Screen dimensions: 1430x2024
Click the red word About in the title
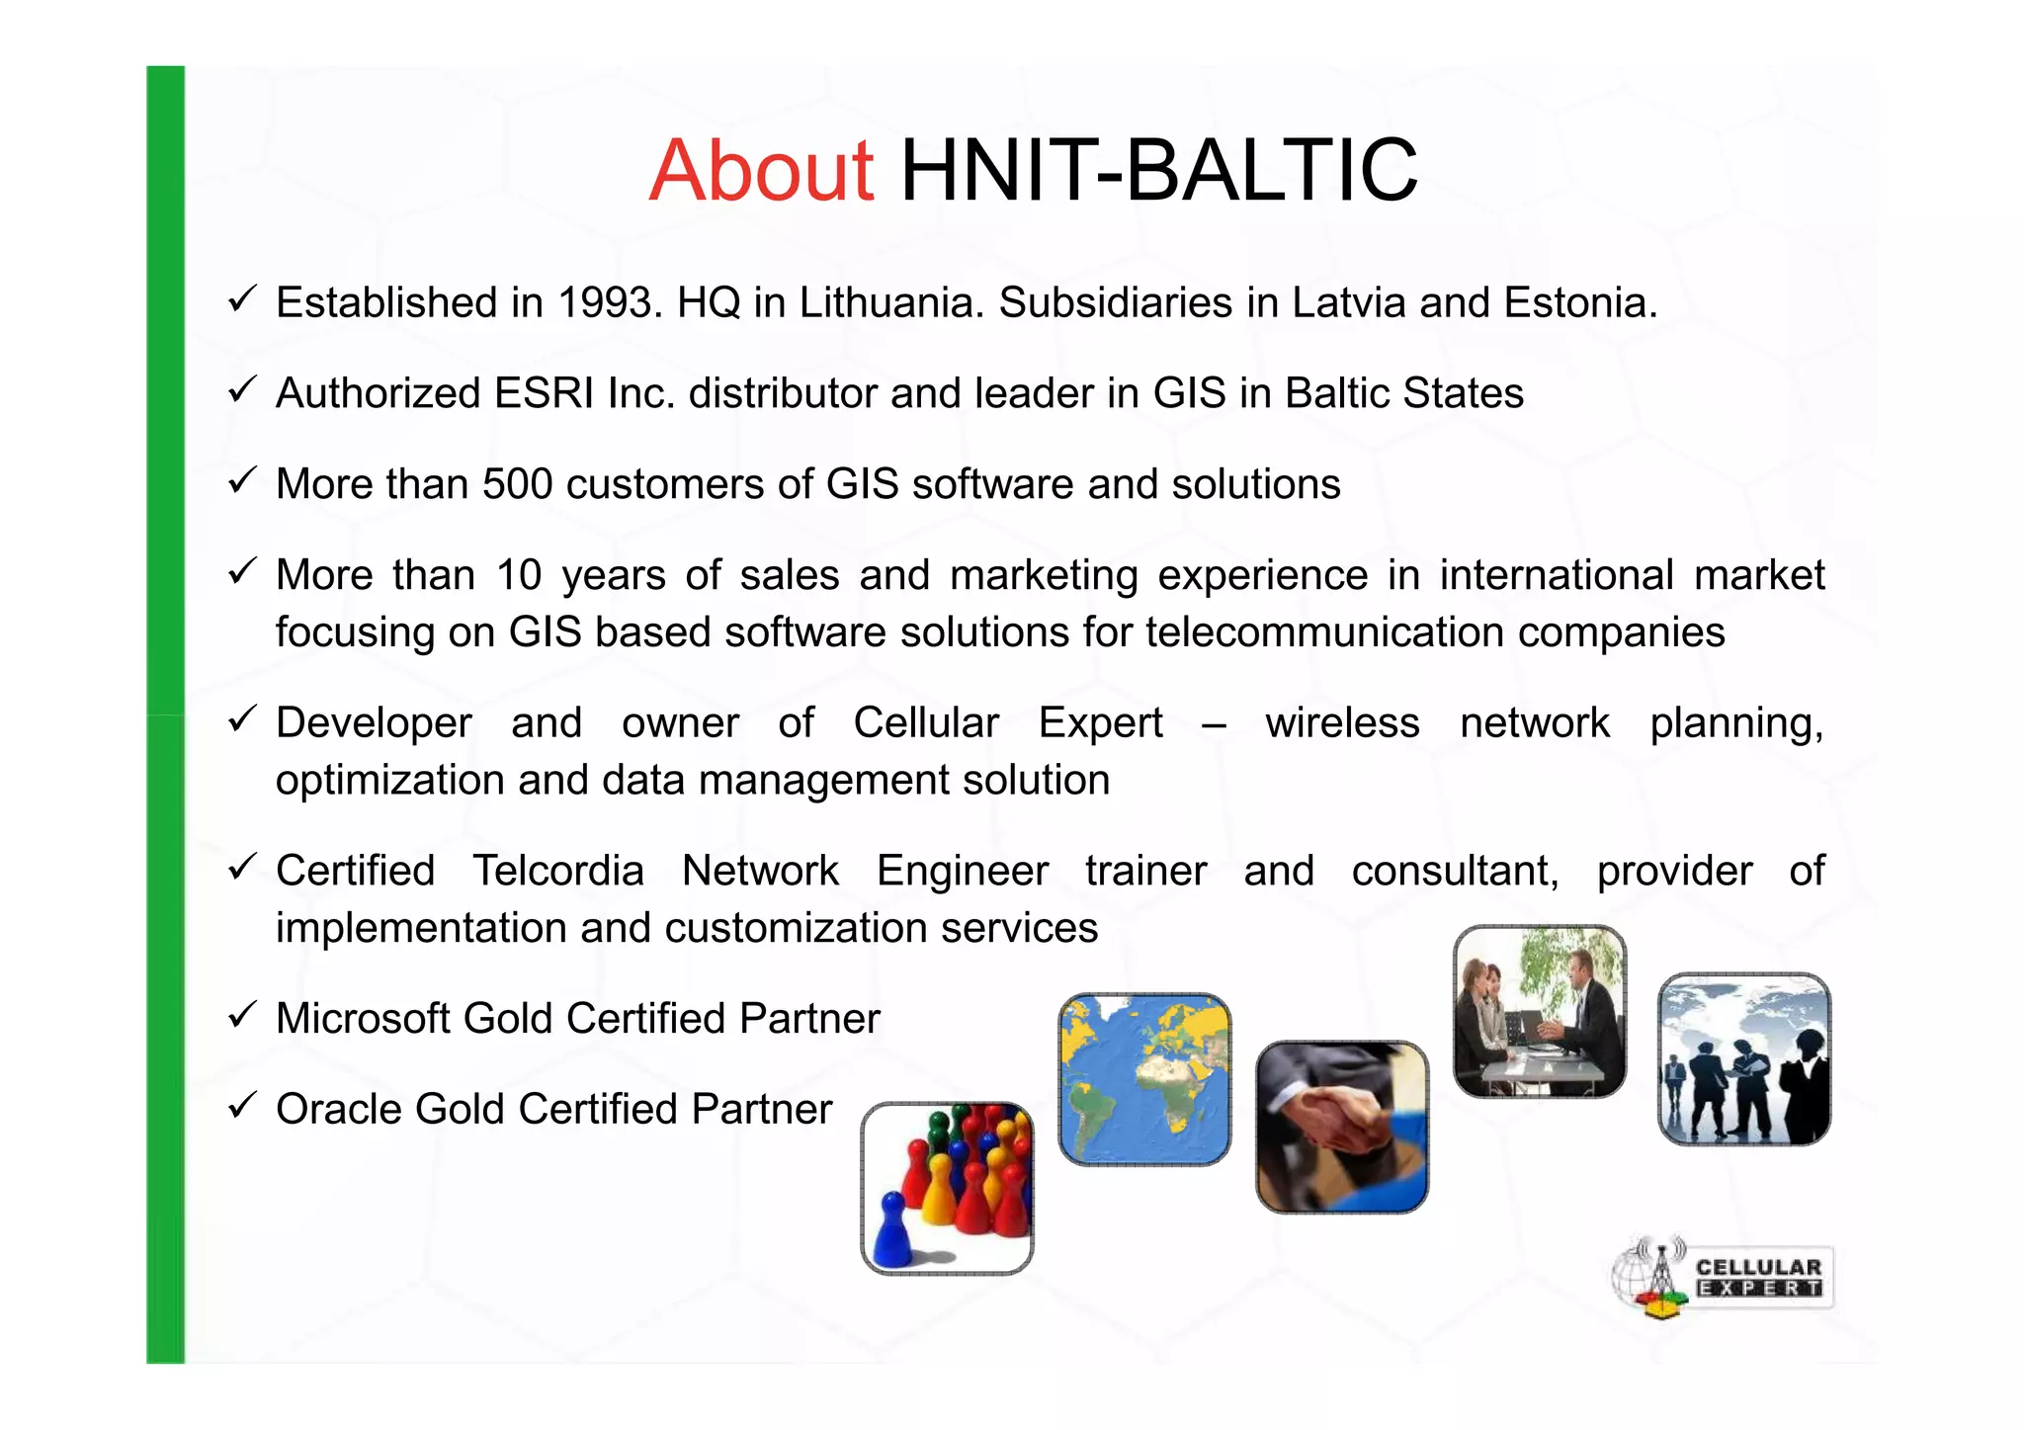click(x=760, y=170)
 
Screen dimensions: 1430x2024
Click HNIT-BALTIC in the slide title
click(x=1158, y=170)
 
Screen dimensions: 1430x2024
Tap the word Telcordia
click(x=557, y=871)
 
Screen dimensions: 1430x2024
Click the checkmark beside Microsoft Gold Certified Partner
click(x=242, y=1015)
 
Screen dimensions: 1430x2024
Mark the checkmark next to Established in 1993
click(x=242, y=298)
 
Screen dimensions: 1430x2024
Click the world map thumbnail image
click(x=1144, y=1079)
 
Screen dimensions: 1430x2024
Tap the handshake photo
click(x=1342, y=1127)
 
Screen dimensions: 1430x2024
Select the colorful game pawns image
click(x=947, y=1188)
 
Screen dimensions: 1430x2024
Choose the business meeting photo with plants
click(x=1540, y=1011)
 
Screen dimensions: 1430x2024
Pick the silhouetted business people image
click(x=1744, y=1058)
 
